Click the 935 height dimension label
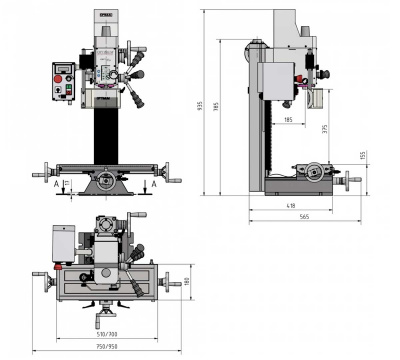202,106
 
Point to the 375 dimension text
325,128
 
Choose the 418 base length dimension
290,205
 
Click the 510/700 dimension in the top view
107,333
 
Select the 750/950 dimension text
107,347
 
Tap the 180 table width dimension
186,281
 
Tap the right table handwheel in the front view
177,181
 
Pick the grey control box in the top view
66,241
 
